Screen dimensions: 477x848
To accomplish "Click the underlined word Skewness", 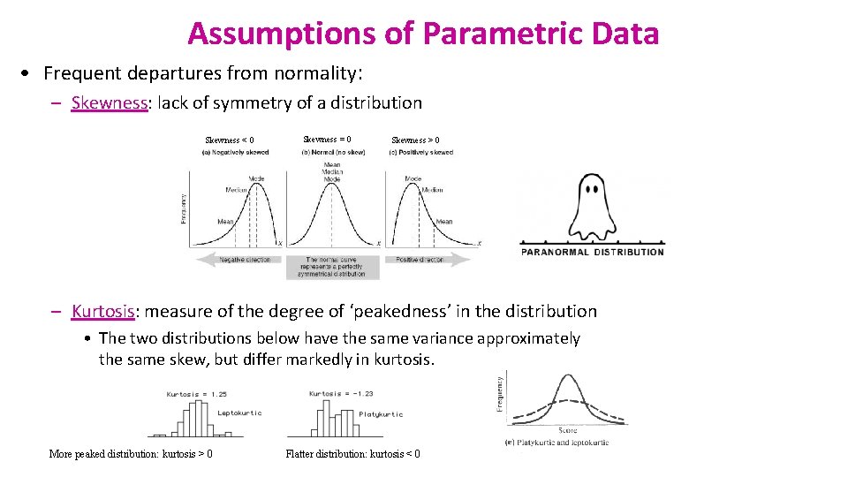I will [109, 102].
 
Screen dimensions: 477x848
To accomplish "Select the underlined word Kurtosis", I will [103, 311].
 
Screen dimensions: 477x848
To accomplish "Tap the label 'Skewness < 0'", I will [230, 140].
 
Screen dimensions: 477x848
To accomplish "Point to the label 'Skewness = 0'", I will [327, 140].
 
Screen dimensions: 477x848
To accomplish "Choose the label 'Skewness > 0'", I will [415, 140].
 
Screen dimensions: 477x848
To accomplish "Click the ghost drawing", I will [592, 206].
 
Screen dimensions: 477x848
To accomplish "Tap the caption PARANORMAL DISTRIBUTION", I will [593, 252].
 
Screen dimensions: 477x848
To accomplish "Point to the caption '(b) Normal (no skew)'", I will [333, 153].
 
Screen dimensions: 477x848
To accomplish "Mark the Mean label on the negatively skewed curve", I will [225, 222].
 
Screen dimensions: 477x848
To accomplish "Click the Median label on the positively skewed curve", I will [432, 189].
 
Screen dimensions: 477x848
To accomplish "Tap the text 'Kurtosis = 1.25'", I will [195, 394].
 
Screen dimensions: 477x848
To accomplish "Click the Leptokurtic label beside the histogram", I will [238, 413].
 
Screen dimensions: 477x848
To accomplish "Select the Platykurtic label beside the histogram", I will [381, 413].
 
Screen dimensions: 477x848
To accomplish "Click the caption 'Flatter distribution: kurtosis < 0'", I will [352, 454].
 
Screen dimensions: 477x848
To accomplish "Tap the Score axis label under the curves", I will [567, 430].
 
